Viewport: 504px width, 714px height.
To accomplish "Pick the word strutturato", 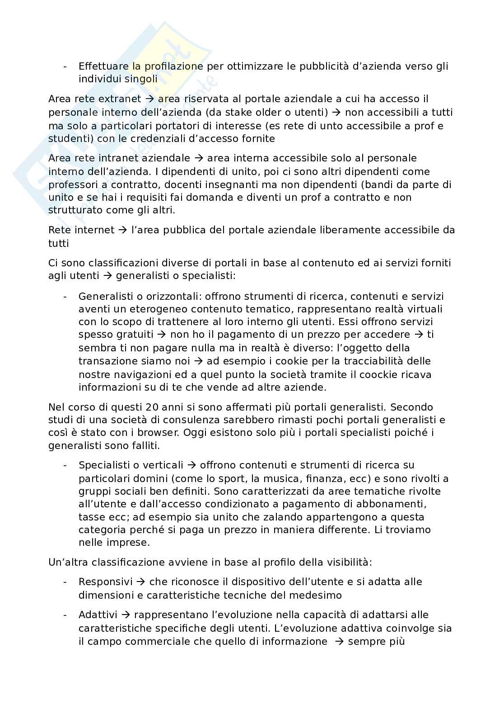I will [72, 210].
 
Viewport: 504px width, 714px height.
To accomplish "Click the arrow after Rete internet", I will [122, 230].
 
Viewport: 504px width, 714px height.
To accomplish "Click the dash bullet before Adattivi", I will [65, 615].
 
